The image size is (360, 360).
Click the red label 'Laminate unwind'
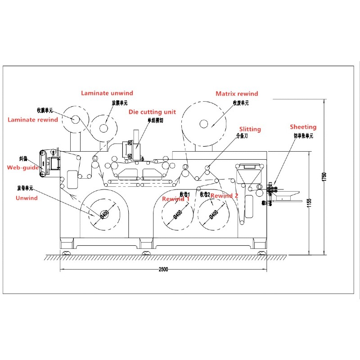[107, 93]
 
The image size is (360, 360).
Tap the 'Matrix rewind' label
[237, 94]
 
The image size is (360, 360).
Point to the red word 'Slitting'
[250, 129]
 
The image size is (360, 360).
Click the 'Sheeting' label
[303, 127]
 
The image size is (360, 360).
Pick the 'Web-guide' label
[22, 167]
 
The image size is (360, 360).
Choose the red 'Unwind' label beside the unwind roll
[27, 198]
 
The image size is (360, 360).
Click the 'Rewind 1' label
[175, 198]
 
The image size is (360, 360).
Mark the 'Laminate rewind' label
[33, 120]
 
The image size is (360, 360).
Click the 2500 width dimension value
[163, 270]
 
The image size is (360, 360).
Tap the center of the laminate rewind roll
[74, 119]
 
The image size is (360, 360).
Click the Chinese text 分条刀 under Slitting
[242, 135]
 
